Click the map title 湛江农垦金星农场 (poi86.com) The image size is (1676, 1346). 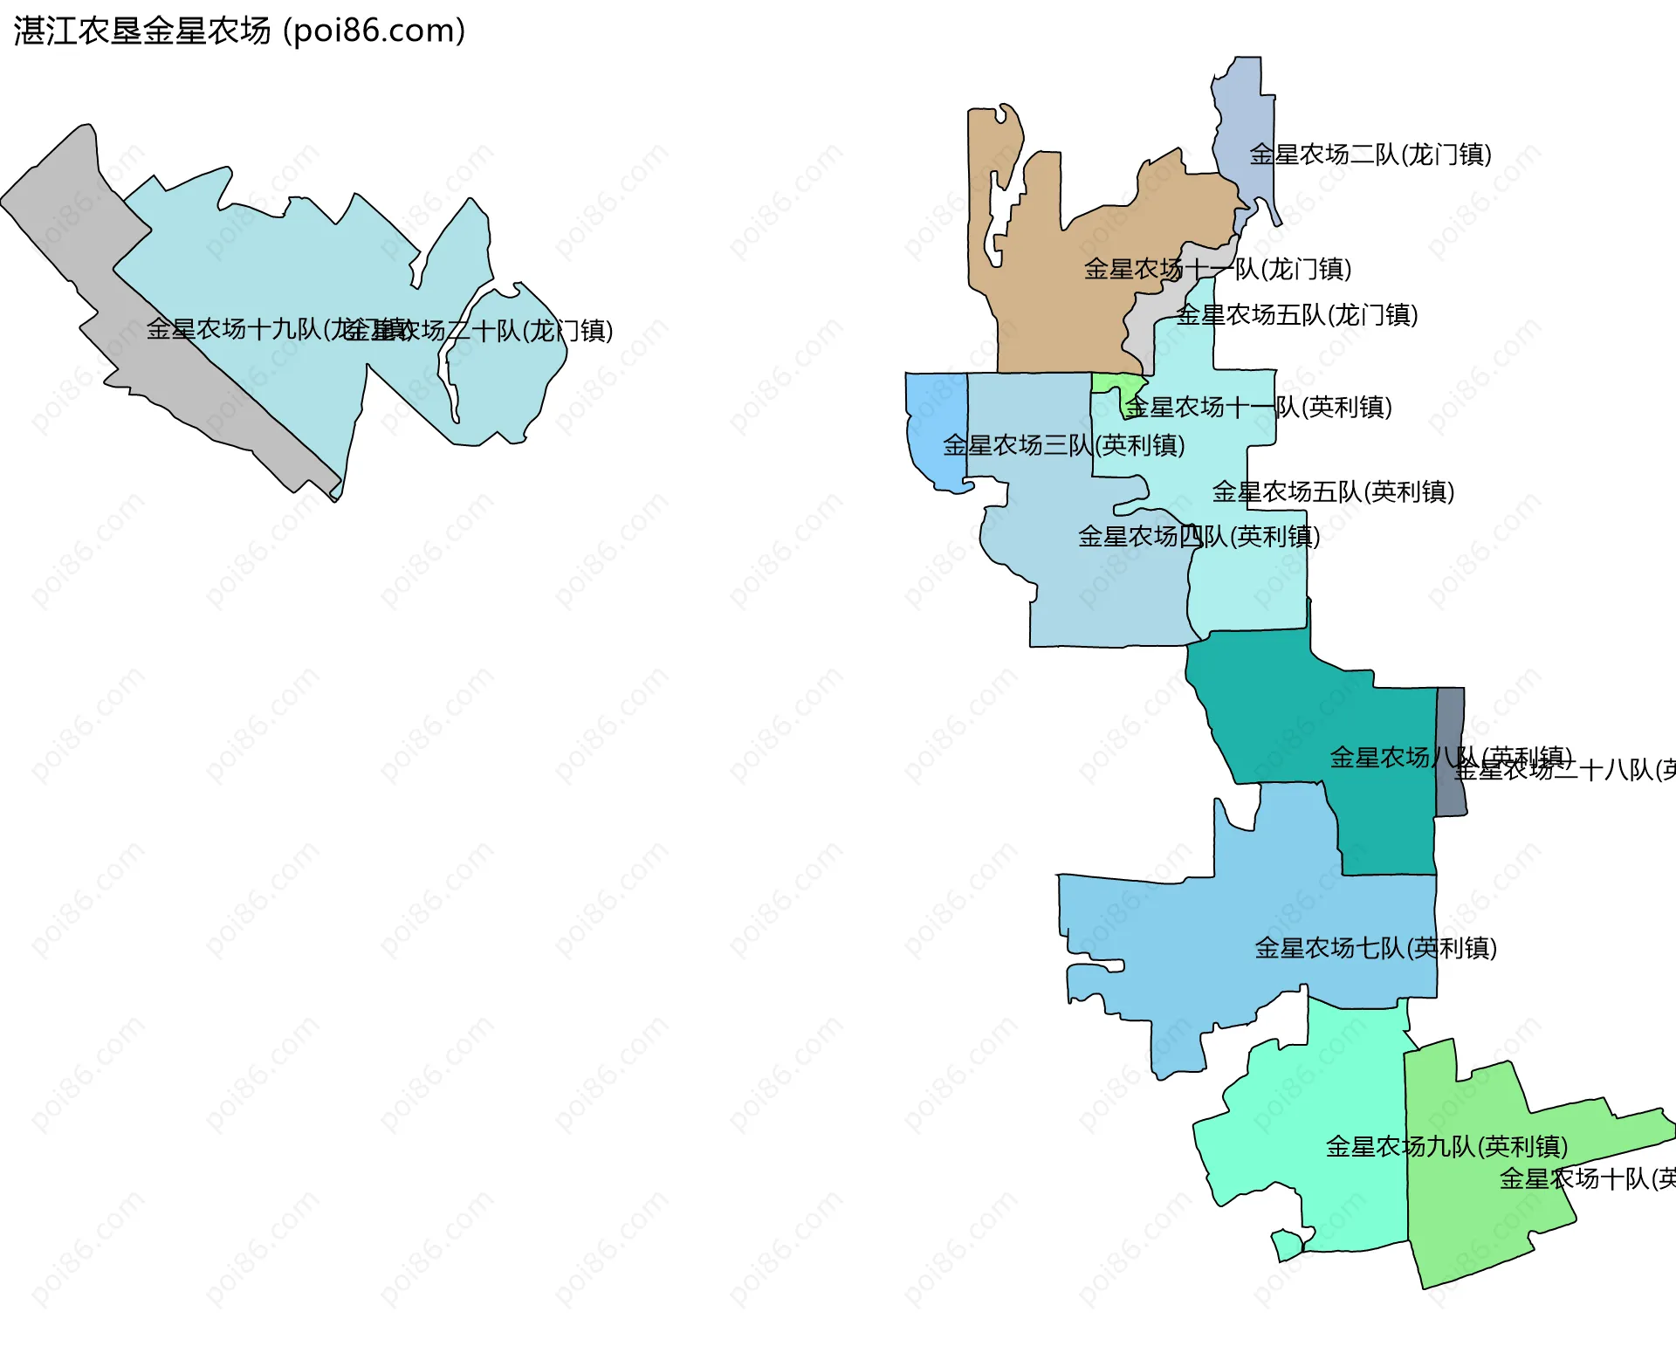pyautogui.click(x=239, y=31)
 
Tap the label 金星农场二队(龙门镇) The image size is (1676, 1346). pyautogui.click(x=1370, y=155)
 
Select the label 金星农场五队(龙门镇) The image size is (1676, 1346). pyautogui.click(x=1296, y=315)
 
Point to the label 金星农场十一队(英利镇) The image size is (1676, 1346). pyautogui.click(x=1258, y=407)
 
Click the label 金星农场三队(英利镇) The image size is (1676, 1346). pyautogui.click(x=1063, y=445)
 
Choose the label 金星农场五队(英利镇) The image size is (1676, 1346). pyautogui.click(x=1333, y=491)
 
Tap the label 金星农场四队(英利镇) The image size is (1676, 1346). pyautogui.click(x=1199, y=536)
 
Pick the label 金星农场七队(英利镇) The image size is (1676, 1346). pyautogui.click(x=1376, y=948)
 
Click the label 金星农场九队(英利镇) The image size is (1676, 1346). pyautogui.click(x=1446, y=1146)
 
